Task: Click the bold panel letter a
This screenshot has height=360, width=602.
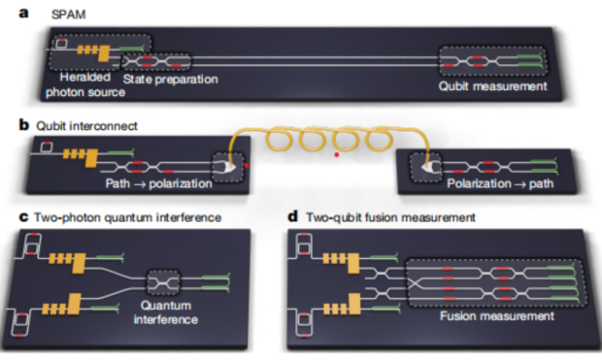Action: point(23,14)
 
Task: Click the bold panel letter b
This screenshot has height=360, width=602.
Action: point(24,125)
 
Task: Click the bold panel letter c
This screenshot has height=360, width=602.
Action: point(23,217)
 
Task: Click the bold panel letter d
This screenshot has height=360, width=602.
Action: point(292,216)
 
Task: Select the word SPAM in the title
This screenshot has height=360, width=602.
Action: point(68,15)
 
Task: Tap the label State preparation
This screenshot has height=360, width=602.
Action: point(171,80)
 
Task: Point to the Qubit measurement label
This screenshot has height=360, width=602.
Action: point(492,86)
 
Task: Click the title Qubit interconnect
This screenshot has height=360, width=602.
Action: point(86,126)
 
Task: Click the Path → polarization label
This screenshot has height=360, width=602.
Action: point(158,183)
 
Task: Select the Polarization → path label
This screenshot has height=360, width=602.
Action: point(500,183)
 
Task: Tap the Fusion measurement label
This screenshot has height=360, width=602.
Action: point(497,316)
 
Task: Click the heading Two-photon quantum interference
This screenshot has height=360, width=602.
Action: point(127,217)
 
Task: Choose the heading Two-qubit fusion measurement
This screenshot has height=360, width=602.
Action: point(390,217)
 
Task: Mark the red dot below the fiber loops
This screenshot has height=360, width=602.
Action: point(337,154)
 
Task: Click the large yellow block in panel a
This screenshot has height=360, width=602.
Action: point(104,53)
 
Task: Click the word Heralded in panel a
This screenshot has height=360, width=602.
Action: point(84,78)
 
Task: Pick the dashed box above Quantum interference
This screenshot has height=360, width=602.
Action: point(163,282)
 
